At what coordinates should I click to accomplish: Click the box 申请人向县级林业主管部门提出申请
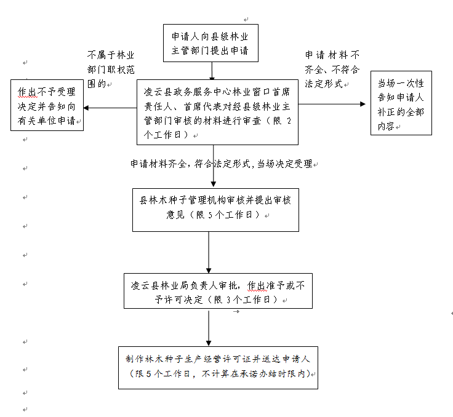pos(210,43)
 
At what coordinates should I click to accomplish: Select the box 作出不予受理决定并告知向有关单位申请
pos(47,105)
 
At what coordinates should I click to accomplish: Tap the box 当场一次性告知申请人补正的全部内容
pos(401,103)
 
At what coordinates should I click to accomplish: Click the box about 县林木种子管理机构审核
pos(215,210)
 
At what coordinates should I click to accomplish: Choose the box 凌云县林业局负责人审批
pos(218,291)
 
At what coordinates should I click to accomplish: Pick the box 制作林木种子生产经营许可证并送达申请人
pos(218,368)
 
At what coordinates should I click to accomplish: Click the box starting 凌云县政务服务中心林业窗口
pos(217,113)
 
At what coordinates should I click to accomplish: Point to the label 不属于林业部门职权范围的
pos(111,69)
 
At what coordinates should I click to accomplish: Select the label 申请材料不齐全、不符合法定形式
pos(332,69)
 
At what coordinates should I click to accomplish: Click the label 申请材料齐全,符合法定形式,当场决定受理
pos(222,164)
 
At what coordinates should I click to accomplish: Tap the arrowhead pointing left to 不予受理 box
pos(86,108)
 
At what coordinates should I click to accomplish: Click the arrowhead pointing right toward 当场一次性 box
pos(363,104)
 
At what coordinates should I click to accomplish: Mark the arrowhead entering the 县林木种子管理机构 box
pos(214,184)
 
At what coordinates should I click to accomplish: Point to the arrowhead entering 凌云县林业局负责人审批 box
pos(209,271)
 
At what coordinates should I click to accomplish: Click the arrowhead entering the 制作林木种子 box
pos(209,343)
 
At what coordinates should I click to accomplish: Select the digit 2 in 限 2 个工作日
pos(289,121)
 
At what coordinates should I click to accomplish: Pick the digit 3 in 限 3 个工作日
pos(228,300)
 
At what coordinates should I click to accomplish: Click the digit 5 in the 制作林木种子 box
pos(148,374)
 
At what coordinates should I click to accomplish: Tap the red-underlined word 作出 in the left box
pos(28,92)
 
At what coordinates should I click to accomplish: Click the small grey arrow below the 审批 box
pos(236,312)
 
